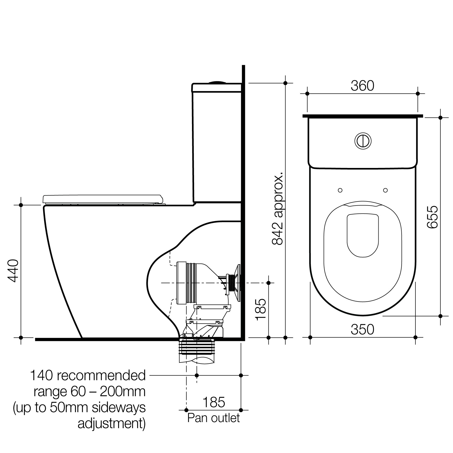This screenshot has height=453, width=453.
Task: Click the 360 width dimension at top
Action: click(362, 86)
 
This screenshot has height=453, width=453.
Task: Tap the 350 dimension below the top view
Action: click(362, 330)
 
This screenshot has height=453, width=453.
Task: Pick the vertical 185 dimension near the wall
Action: click(261, 309)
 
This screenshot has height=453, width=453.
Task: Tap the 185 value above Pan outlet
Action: click(214, 402)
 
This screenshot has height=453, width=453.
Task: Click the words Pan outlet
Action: click(213, 418)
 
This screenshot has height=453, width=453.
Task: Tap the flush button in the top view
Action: click(363, 141)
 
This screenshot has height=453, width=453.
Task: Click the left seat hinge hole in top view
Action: click(340, 190)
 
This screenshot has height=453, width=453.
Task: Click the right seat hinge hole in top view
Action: click(386, 190)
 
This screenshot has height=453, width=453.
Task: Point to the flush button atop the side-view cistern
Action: click(217, 82)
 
